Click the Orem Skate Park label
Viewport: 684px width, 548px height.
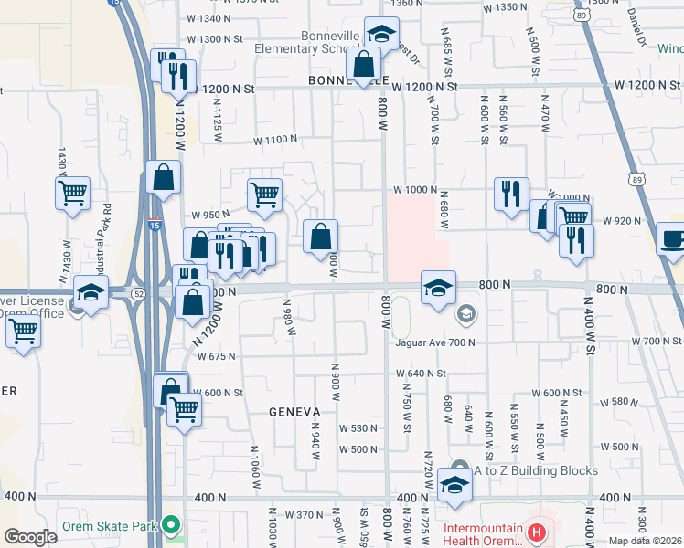[x=110, y=526]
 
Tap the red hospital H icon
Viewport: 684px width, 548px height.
[x=539, y=530]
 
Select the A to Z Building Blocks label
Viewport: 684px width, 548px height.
[x=535, y=470]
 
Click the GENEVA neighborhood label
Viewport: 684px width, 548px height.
[x=295, y=412]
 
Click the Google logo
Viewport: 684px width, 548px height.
[x=30, y=537]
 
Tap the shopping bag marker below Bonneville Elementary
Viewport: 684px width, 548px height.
[x=364, y=65]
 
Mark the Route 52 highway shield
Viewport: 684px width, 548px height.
[x=137, y=293]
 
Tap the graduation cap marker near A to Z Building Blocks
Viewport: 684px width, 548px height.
[x=454, y=485]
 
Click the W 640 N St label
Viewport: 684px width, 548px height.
[x=421, y=374]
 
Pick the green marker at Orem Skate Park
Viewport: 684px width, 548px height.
[x=170, y=525]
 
